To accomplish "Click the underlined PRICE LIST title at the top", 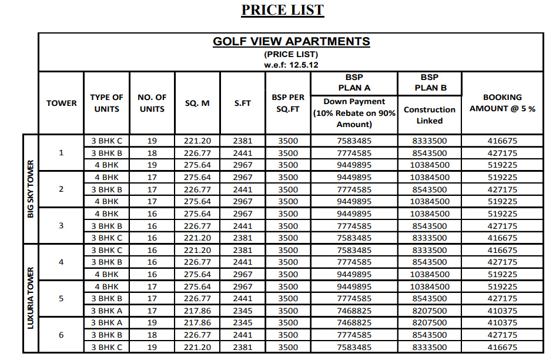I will pos(283,10).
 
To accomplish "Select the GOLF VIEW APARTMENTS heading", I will pos(291,42).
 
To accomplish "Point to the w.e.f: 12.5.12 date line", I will pos(291,65).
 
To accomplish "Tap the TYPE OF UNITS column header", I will pos(106,103).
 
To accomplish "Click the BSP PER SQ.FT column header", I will pos(289,103).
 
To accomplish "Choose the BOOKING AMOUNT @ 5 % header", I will pos(502,103).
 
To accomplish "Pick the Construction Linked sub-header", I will pos(430,115).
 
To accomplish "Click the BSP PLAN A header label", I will pos(354,82).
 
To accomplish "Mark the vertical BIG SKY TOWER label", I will pos(31,189).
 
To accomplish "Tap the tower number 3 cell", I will pos(61,226).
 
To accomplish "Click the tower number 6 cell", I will pos(61,335).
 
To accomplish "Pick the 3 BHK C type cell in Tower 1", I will pos(106,141).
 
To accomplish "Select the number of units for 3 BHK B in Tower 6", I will pos(152,335).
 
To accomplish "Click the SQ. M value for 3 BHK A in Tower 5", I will pos(197,311).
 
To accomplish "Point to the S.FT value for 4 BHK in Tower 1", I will pos(243,165).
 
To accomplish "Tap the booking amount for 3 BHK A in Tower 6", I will pos(502,323).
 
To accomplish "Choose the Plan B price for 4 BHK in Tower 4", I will pos(430,274).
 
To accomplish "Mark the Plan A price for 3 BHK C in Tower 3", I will pos(354,238).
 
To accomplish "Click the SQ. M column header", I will pos(197,103).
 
